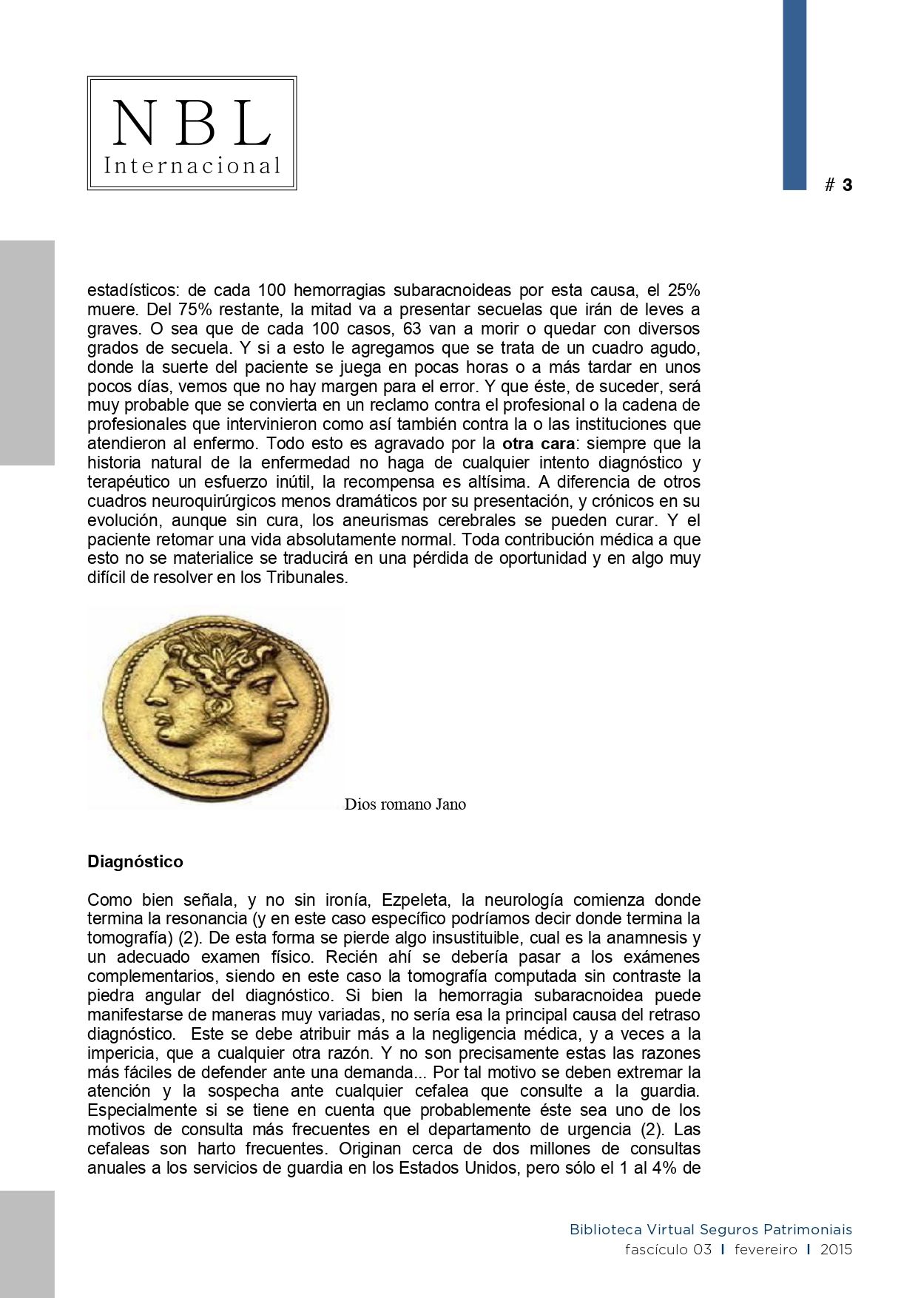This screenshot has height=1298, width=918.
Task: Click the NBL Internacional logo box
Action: point(192,133)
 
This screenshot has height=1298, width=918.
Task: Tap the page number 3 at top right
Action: point(847,185)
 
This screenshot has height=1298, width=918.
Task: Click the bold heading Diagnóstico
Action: point(135,861)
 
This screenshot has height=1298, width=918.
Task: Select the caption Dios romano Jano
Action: point(405,804)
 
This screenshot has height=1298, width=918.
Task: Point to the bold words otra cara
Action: point(539,444)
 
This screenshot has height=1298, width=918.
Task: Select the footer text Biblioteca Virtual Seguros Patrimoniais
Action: point(710,1230)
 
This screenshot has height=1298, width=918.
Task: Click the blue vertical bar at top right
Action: point(794,95)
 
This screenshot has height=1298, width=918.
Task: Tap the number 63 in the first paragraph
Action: point(414,329)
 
